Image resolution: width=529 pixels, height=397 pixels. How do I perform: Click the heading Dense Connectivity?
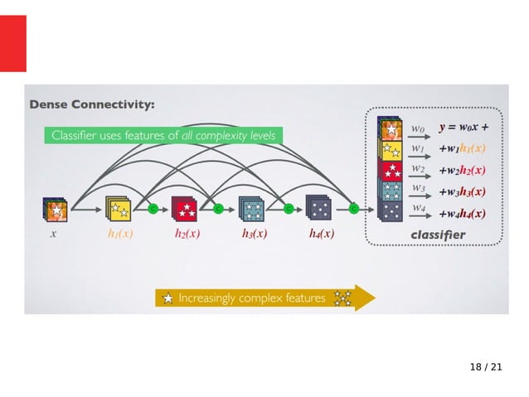92,105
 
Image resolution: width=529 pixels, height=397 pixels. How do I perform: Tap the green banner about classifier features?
163,134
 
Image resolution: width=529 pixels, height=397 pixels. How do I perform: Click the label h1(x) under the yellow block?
120,235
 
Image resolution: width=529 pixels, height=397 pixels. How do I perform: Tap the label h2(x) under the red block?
187,235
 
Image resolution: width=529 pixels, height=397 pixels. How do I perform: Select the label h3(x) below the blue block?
254,235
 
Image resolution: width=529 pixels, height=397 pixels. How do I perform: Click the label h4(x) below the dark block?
322,235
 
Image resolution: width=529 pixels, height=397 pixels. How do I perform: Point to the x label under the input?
53,235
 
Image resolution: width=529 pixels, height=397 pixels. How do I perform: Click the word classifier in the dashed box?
438,235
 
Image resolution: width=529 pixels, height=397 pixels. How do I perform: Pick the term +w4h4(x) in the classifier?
462,212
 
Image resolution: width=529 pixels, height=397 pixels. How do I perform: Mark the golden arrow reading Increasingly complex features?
264,298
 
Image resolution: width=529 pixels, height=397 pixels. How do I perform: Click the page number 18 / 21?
486,366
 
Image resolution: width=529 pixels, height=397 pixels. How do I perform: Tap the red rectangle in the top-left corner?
13,43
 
